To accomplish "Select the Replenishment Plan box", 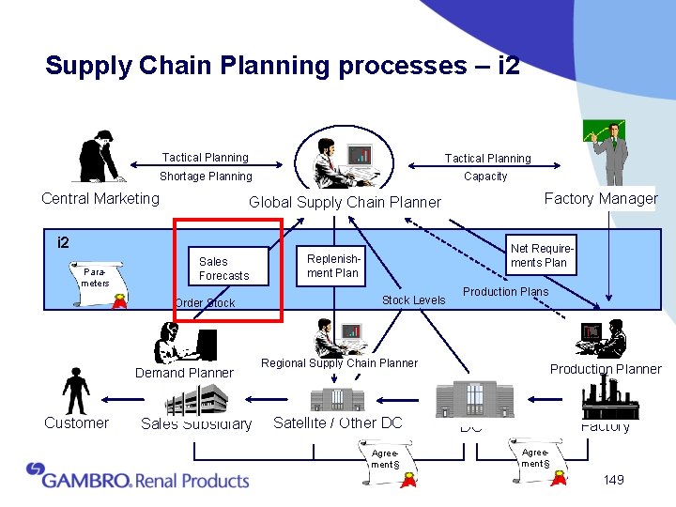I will click(x=333, y=266).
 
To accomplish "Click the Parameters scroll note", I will click(x=96, y=278).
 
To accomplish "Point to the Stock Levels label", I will click(x=413, y=300).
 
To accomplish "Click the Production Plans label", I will click(x=505, y=292).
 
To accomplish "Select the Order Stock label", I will click(x=205, y=303).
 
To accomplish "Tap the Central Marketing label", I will click(x=100, y=198).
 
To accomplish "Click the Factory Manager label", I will click(x=601, y=198).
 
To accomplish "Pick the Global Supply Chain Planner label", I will click(x=345, y=202).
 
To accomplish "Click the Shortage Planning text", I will click(x=206, y=177).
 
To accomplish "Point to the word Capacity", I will click(x=485, y=177).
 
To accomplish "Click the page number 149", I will click(x=613, y=480).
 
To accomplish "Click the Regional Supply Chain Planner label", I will click(x=339, y=363).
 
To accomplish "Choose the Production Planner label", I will click(x=606, y=369).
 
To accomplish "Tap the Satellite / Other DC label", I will click(x=337, y=422).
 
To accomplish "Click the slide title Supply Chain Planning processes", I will click(x=283, y=66).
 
